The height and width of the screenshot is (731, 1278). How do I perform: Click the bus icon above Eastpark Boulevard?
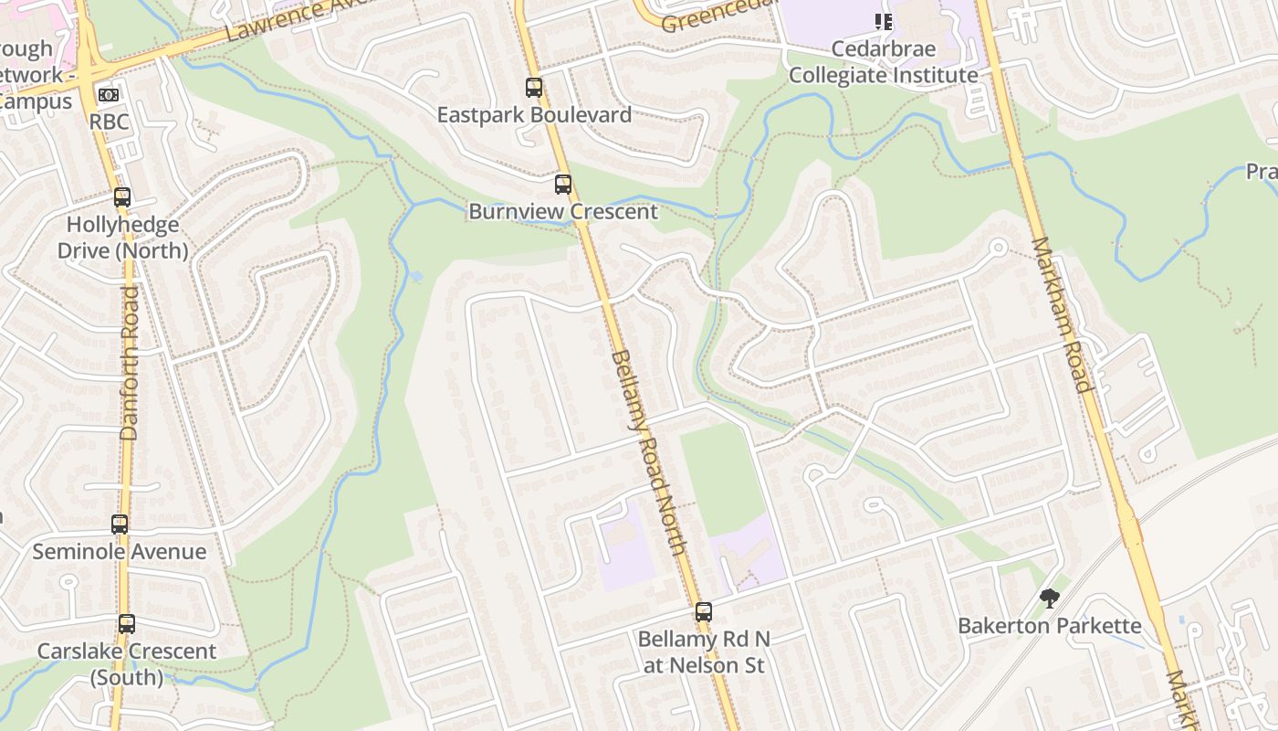tap(534, 88)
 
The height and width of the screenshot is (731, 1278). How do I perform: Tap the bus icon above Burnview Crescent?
tap(563, 185)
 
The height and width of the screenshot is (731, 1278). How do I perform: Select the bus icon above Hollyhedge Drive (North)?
tap(122, 197)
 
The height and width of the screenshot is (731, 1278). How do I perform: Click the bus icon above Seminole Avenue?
tap(120, 524)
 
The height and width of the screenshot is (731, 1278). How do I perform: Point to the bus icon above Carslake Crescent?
tap(127, 624)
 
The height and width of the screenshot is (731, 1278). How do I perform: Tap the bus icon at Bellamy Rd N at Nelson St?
tap(704, 612)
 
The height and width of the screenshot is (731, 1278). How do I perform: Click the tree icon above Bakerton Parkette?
tap(1050, 599)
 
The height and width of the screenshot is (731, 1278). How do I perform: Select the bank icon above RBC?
tap(109, 95)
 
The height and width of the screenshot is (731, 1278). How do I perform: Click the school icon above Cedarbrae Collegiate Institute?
tap(883, 21)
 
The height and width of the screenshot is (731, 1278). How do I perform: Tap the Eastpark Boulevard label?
tap(534, 115)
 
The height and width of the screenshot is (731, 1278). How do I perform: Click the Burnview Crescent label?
tap(563, 212)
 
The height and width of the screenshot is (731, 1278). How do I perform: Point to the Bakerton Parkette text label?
tap(1050, 626)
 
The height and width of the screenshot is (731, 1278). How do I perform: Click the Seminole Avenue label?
tap(120, 552)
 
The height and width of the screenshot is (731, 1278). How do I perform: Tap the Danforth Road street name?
tap(130, 363)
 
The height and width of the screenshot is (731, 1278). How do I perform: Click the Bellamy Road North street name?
tap(647, 452)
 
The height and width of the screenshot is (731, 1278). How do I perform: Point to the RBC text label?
tap(109, 122)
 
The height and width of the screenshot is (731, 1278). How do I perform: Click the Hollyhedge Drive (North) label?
tap(122, 238)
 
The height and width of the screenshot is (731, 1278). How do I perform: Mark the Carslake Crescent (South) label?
tap(127, 664)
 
